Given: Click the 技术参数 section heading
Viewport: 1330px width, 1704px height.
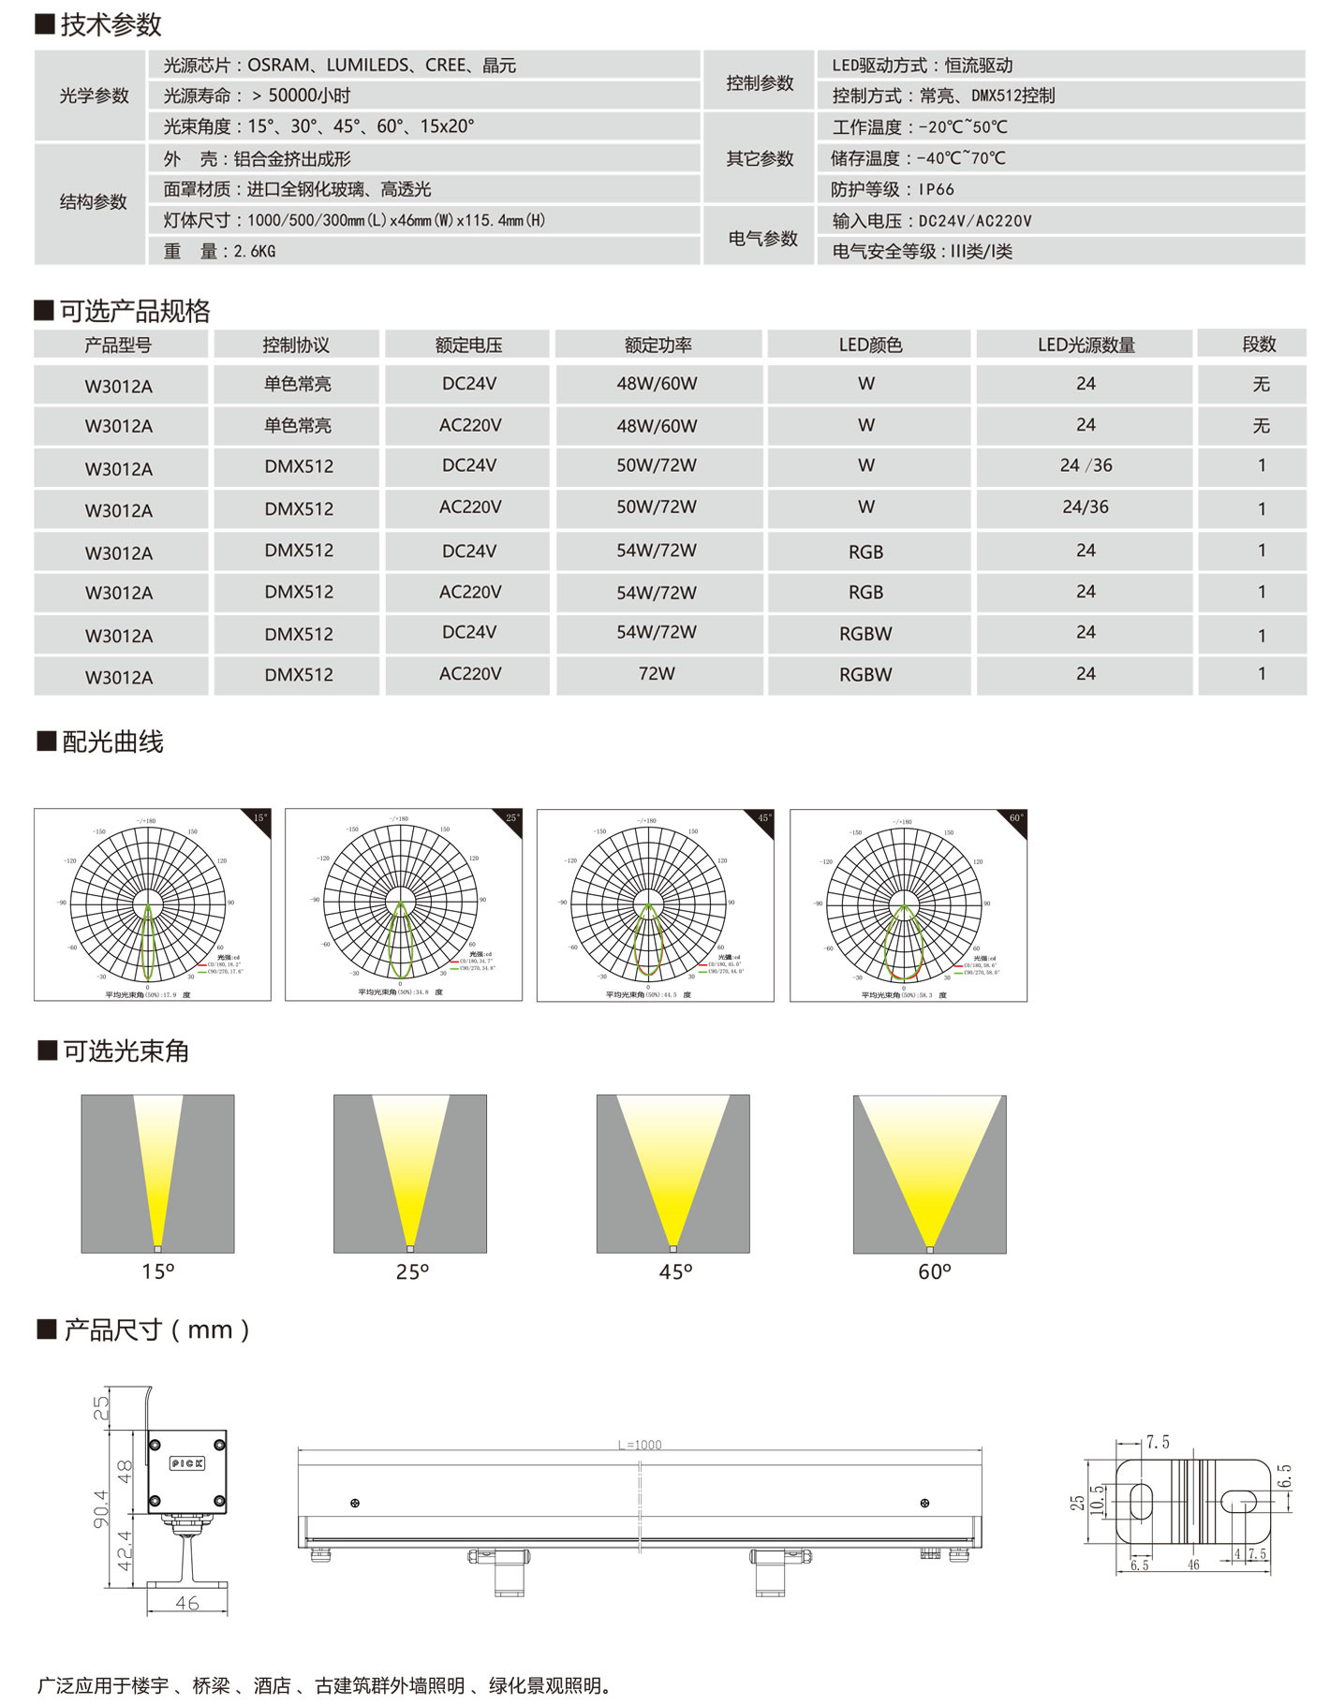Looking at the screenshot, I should coord(111,25).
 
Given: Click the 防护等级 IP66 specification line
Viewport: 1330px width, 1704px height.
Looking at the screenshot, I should coord(893,190).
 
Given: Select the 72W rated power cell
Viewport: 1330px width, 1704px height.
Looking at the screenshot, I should coord(657,674).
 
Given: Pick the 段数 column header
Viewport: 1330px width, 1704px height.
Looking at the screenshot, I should coord(1259,345).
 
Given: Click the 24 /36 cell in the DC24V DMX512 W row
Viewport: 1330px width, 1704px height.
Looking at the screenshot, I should coord(1086,466).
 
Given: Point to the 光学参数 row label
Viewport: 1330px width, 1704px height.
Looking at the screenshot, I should coord(94,95).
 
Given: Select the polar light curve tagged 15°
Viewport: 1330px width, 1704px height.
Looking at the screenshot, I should coord(152,904).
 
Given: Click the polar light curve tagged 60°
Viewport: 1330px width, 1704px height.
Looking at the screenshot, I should coord(908,905).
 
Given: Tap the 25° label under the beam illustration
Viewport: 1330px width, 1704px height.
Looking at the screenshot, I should coord(412,1271).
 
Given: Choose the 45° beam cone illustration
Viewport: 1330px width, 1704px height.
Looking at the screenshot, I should coord(672,1173).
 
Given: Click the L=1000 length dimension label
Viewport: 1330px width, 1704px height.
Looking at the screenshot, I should coord(640,1445).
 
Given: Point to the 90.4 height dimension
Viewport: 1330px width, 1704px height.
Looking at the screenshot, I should coord(100,1509).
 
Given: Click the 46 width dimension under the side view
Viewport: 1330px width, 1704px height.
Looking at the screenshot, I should coord(187,1603).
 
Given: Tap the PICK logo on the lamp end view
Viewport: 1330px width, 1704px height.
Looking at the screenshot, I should coord(187,1463).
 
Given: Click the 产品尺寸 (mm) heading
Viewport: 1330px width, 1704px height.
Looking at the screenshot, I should coord(156,1330).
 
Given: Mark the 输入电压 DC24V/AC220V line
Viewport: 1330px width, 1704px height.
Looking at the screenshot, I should coord(931,222).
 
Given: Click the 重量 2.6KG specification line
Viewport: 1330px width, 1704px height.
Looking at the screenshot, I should coord(219,252).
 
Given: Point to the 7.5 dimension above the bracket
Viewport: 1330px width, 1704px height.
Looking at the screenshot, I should coord(1158,1443).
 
